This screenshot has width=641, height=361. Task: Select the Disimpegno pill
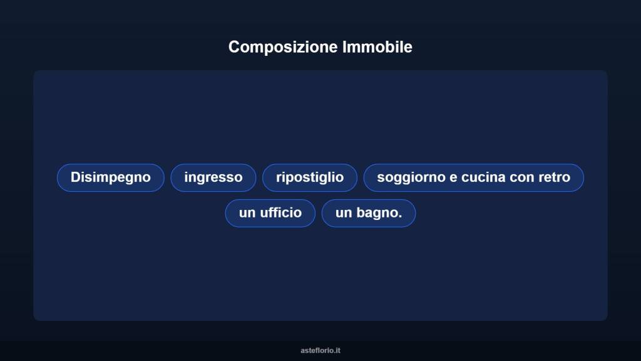point(111,177)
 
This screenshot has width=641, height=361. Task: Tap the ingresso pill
point(213,177)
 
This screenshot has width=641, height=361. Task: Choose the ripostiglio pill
point(310,177)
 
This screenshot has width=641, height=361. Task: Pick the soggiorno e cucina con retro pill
point(474,177)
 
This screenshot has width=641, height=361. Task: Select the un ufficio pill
point(270,213)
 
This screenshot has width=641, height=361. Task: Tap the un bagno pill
point(369,213)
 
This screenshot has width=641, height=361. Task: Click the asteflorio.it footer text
point(320,350)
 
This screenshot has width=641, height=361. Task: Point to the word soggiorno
point(411,177)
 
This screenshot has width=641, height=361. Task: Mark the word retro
point(554,177)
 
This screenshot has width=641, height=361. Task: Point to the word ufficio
point(281,213)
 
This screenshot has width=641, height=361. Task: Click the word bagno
point(377,213)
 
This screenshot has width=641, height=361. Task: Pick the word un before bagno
point(344,213)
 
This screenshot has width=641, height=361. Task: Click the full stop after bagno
point(400,216)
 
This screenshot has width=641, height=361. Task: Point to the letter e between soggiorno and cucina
point(453,178)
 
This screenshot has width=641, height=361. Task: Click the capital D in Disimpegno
point(75,177)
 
